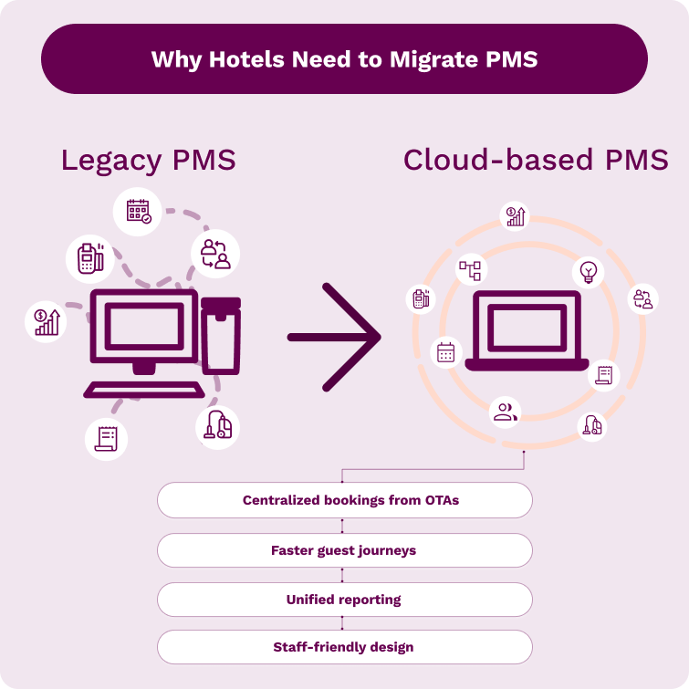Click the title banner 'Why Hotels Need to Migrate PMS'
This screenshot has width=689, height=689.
pos(344,59)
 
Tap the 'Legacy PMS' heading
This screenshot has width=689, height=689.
pos(148,161)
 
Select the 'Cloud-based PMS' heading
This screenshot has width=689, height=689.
pos(536,161)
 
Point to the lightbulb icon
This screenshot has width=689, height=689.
pos(588,272)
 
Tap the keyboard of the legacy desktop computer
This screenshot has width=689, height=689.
pos(144,390)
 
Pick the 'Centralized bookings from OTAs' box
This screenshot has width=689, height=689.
pos(344,500)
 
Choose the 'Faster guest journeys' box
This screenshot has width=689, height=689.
pos(344,550)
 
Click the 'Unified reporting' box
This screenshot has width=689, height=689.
pos(344,600)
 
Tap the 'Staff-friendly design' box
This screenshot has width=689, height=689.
pos(344,647)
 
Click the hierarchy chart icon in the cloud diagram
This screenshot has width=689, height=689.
pos(471,269)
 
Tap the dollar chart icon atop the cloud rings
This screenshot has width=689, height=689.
pos(516,216)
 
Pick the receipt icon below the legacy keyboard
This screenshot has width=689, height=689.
pos(106,438)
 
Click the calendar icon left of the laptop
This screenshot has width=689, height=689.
pos(446,352)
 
